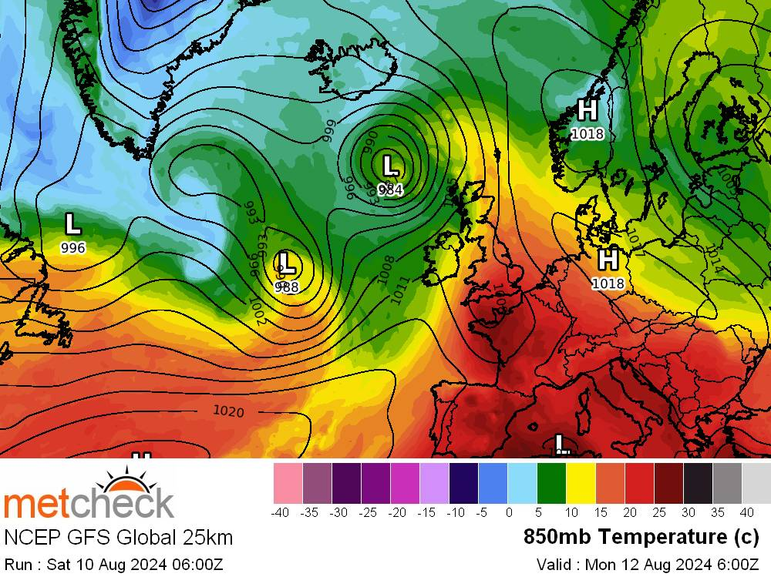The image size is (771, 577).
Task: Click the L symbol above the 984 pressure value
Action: [x=391, y=166]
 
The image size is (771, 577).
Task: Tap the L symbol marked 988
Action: [x=287, y=263]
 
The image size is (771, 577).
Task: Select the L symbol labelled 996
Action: [x=72, y=224]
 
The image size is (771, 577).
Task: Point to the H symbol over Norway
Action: [x=588, y=110]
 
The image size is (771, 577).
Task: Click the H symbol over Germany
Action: [x=608, y=260]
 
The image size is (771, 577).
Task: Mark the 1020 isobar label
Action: [x=228, y=412]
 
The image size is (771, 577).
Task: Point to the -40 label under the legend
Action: [x=281, y=512]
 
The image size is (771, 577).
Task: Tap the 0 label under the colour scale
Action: [x=509, y=512]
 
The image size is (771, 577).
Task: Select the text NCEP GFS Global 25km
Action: [x=118, y=537]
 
